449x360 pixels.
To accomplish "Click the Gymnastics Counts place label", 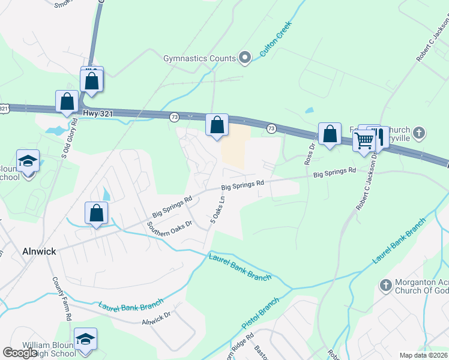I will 199,58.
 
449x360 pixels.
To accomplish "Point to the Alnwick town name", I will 39,251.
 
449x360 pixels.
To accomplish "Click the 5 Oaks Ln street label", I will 217,209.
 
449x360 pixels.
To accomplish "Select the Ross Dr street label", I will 310,154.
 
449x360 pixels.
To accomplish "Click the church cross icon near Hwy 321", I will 420,132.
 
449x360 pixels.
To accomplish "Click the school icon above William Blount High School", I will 85,340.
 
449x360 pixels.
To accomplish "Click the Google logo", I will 20,353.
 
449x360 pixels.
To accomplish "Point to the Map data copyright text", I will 424,355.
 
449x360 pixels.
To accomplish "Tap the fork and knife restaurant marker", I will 379,137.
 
